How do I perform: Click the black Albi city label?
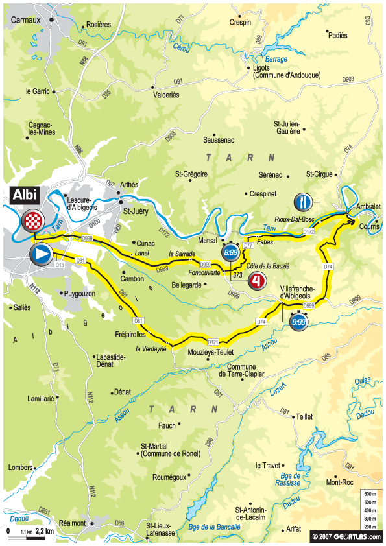(23, 194)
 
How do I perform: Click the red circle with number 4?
(258, 281)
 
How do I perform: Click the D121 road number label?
(213, 341)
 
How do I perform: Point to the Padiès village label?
(339, 36)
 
